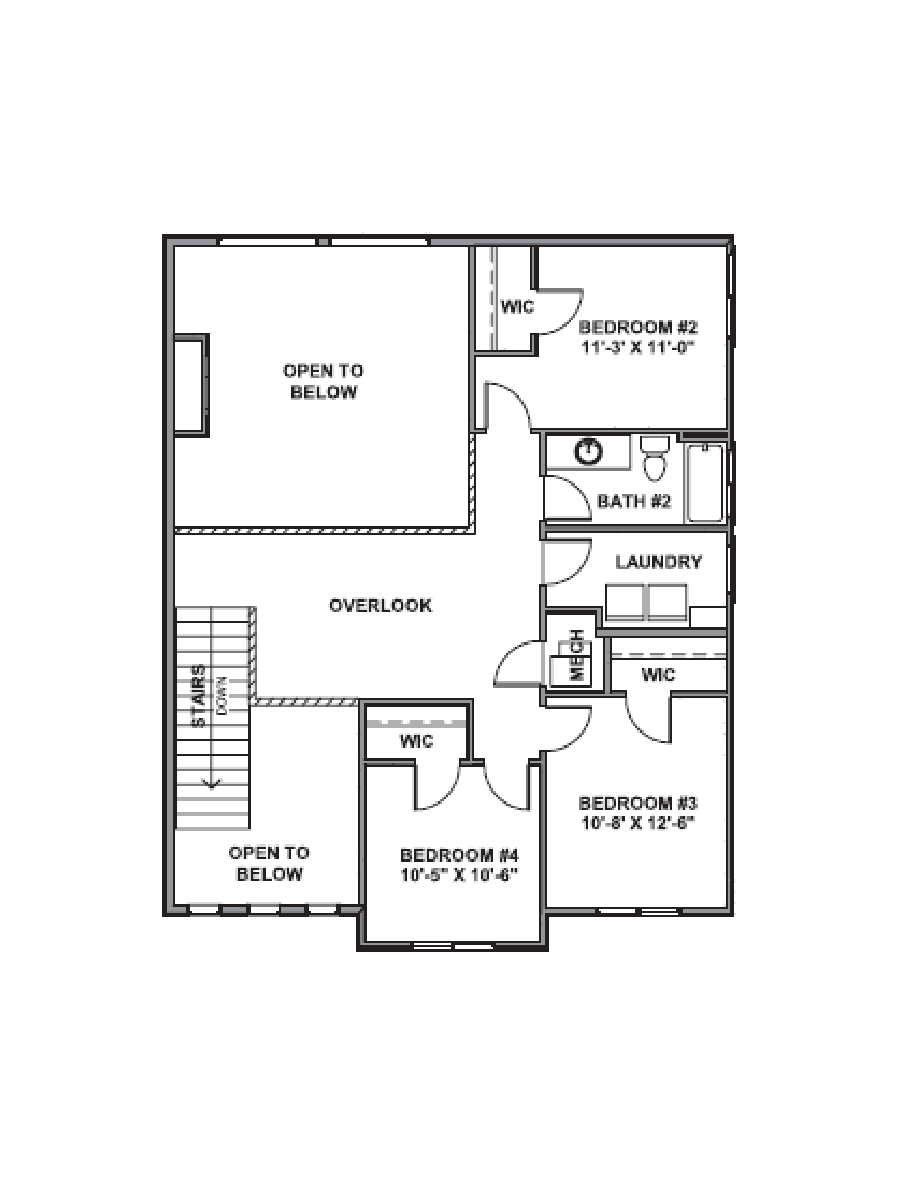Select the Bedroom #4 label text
[x=459, y=855]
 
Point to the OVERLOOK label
[x=380, y=605]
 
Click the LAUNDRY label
[x=658, y=562]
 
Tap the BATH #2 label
[x=633, y=501]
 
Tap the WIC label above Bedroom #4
[x=416, y=741]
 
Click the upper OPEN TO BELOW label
[x=323, y=381]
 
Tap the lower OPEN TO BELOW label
[x=269, y=863]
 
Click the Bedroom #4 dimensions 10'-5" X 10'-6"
[x=459, y=875]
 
